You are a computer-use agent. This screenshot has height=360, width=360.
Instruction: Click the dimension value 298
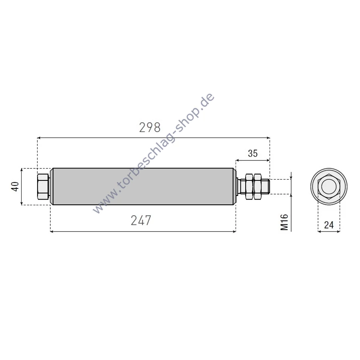coord(150,128)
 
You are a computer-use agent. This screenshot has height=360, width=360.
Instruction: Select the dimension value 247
coord(141,220)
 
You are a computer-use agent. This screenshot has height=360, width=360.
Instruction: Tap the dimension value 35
coord(253,153)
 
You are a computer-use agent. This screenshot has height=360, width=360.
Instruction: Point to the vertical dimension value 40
coord(15,186)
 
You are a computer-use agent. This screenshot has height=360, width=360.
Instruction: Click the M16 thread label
coord(284,222)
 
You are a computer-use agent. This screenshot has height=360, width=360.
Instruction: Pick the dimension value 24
coord(329,225)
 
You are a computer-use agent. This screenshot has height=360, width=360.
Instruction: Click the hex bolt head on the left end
coord(43,186)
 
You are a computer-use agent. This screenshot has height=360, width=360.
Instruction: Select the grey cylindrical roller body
coord(143,186)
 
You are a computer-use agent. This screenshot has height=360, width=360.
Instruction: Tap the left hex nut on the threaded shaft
coord(249,186)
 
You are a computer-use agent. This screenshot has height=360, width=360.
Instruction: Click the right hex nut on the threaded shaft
coord(257,186)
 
